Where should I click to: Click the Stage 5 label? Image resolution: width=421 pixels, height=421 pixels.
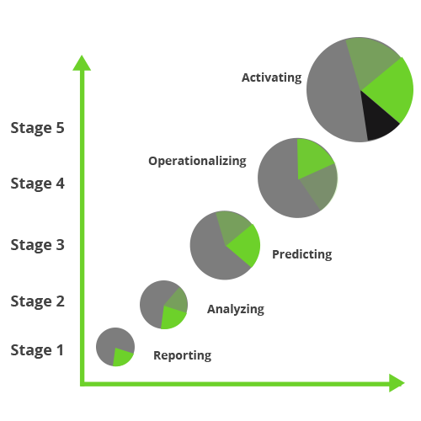pos(38,128)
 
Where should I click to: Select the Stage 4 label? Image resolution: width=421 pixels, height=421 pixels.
pos(38,184)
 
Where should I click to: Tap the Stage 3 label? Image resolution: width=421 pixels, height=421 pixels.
pos(38,245)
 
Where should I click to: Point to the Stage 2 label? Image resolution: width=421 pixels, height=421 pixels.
pos(38,301)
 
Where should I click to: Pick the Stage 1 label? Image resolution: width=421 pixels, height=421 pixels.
pos(37,350)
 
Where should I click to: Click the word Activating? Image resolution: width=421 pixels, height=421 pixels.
pos(272,77)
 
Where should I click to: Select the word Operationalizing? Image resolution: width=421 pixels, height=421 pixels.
pos(197,161)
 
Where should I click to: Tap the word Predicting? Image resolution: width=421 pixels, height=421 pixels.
pos(302,254)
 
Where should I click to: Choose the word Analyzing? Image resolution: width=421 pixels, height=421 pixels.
pos(236,309)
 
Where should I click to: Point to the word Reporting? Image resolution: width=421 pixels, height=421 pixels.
pos(183,355)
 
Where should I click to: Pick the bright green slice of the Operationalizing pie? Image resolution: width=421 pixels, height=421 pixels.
pos(312,157)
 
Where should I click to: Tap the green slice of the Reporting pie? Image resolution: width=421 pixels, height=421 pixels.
pos(121,357)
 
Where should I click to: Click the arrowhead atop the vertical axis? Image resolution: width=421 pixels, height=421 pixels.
pos(82,63)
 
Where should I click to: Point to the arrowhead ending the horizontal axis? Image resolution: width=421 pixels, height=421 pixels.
pos(397,383)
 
